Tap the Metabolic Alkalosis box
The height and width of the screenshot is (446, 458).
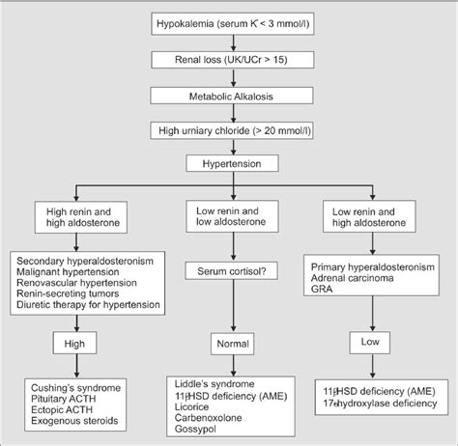(229, 95)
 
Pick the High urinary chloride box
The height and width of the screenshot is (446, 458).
(229, 129)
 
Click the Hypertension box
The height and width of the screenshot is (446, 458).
(229, 165)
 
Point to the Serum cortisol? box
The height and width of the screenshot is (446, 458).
(229, 273)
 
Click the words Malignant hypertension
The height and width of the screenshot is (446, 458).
(72, 273)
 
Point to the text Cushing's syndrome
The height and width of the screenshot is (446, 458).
(72, 387)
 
